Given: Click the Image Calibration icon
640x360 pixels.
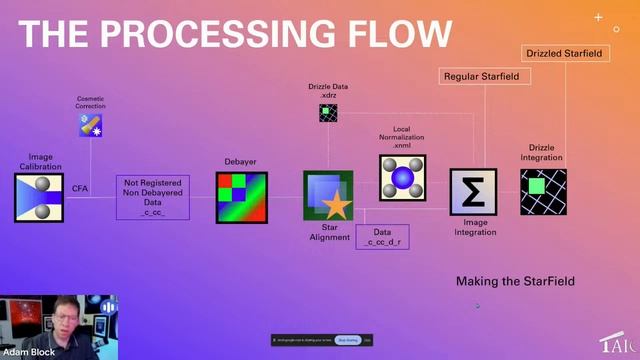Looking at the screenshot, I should tap(39, 197).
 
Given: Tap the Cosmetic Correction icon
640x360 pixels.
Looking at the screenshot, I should tap(91, 125).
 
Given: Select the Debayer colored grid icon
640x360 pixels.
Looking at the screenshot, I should tap(242, 197).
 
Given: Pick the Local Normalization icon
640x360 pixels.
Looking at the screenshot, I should tap(402, 178).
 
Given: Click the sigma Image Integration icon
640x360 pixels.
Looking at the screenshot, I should tap(473, 193).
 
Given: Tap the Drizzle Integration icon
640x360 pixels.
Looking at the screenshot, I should tap(544, 190).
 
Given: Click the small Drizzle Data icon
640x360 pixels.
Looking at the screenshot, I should tap(327, 112).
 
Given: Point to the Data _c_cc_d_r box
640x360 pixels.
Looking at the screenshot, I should tap(384, 237).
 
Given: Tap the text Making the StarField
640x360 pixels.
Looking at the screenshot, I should tap(515, 281).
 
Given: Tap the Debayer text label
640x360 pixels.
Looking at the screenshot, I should tap(241, 161).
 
